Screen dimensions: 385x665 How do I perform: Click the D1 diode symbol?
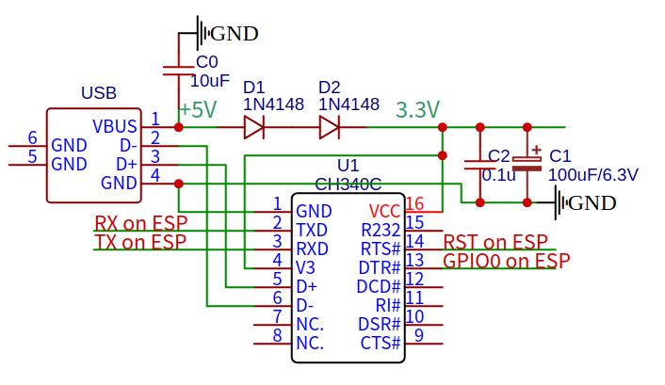click(x=253, y=126)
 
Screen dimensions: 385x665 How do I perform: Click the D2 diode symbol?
click(x=329, y=126)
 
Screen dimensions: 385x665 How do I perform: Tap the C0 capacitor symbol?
click(x=179, y=69)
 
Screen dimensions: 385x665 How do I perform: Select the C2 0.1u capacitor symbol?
click(x=479, y=165)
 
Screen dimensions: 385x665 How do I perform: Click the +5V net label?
click(x=197, y=110)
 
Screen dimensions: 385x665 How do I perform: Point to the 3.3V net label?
click(x=417, y=110)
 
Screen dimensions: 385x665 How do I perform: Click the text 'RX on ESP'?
click(x=140, y=224)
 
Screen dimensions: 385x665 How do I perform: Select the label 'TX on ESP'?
click(x=140, y=243)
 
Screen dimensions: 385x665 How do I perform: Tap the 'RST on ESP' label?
click(x=495, y=243)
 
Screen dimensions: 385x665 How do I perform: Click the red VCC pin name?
click(x=384, y=211)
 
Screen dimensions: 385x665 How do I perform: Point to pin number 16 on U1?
click(x=415, y=204)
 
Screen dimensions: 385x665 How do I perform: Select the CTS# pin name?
click(x=381, y=343)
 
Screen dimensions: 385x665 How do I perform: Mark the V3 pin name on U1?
click(x=306, y=267)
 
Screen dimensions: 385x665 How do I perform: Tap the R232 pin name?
click(x=381, y=230)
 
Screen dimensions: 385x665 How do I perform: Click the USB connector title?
click(x=99, y=93)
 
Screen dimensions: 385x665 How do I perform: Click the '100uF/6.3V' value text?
click(x=592, y=174)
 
